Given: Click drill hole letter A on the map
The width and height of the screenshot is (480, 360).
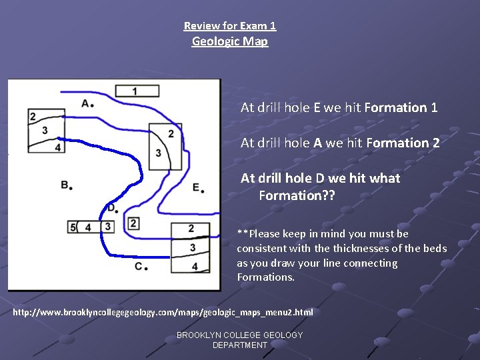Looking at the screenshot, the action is point(85,103).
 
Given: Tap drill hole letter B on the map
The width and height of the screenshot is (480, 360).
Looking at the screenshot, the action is point(65,184).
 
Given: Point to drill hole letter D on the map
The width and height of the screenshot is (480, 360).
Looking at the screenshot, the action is point(111,207).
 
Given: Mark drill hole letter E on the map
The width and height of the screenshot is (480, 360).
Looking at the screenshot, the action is point(196,187).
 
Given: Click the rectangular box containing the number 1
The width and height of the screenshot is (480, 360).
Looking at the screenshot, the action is point(136,91).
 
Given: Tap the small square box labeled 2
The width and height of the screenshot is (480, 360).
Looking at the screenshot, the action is point(133,223).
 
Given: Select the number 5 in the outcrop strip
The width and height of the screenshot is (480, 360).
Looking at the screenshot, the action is point(73,228).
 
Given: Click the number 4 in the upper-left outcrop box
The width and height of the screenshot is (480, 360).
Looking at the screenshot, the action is point(58,146).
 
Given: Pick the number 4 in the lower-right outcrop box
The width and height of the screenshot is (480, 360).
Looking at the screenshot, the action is point(195,267).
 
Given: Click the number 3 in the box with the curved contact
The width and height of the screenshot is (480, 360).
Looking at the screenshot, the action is point(158,153).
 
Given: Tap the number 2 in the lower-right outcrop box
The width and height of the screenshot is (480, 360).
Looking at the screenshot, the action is point(191,229).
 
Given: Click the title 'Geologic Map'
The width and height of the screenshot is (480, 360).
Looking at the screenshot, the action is point(230,41).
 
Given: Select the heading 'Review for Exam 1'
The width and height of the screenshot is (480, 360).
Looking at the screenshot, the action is point(230,26).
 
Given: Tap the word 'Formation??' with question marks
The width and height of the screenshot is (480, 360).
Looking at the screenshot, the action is point(297,195).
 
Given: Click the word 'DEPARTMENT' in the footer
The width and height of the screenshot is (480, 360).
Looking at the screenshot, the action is point(240,345).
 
